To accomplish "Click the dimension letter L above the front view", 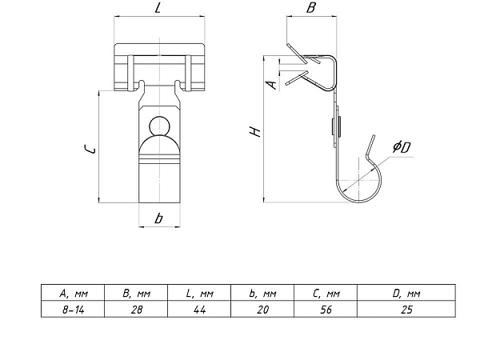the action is tap(158, 8).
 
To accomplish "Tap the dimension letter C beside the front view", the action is tap(90, 149).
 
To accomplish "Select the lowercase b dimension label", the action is tap(158, 218).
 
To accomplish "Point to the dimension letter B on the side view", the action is tap(310, 8).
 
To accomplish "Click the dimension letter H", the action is tap(255, 131).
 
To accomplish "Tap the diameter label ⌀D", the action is tap(402, 147).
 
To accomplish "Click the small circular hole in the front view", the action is tap(160, 126).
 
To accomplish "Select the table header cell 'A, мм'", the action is tap(73, 293).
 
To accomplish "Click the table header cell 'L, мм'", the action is tap(199, 293).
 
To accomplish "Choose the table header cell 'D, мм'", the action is tap(406, 293).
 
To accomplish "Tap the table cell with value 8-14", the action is tap(73, 309).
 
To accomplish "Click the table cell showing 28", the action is tap(136, 309).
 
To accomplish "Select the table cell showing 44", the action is tap(199, 309).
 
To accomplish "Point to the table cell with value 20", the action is tap(262, 309).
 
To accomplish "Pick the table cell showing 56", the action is tap(326, 309).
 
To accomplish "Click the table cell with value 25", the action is tap(406, 309).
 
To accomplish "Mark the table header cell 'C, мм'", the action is tap(326, 293).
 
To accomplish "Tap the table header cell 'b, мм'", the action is tap(262, 293).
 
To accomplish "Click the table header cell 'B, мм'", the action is tap(136, 293).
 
